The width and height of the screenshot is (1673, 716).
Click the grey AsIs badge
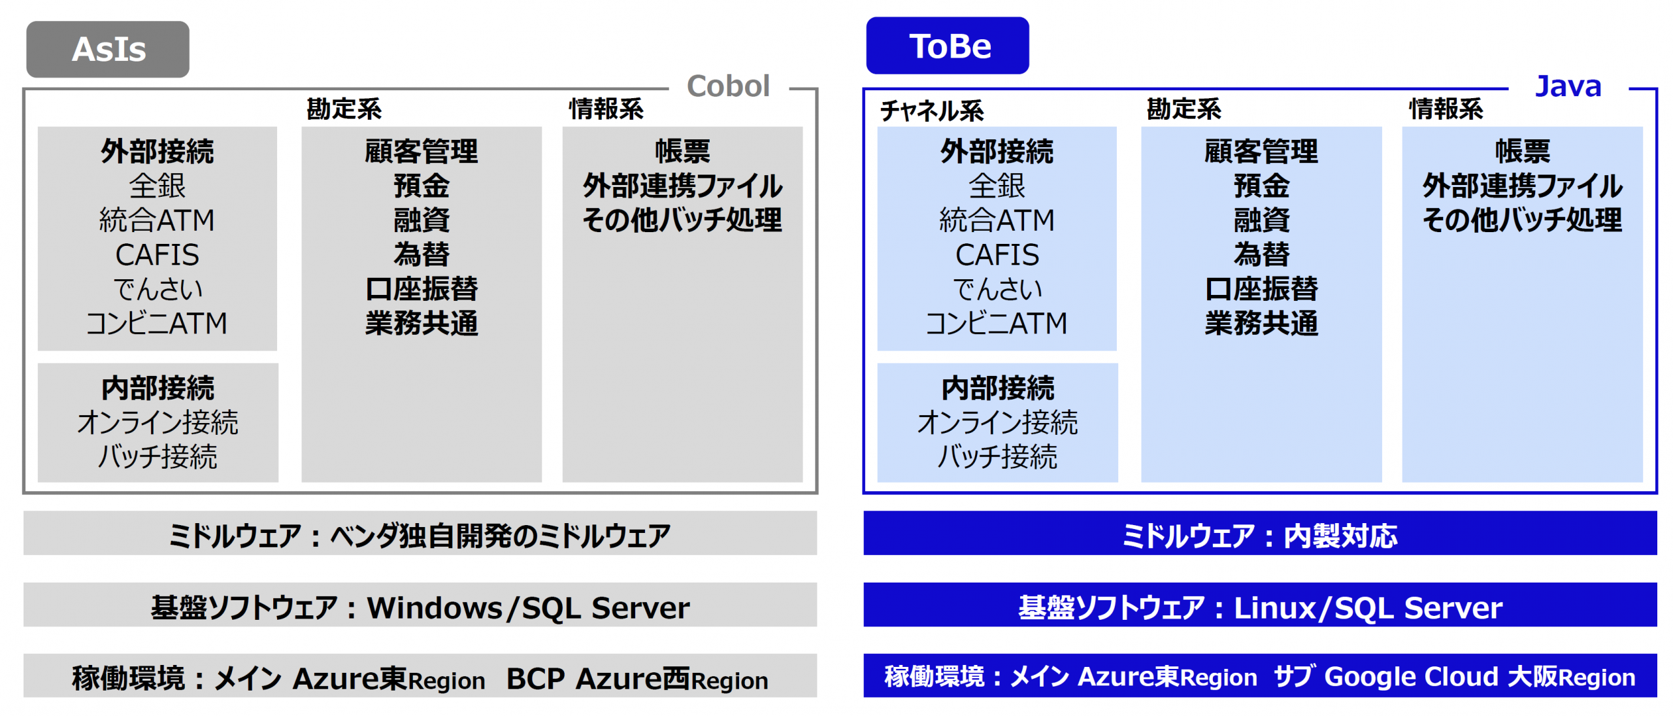pos(108,49)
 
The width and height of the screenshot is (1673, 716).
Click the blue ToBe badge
pos(947,46)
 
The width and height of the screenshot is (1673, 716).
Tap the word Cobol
pos(728,86)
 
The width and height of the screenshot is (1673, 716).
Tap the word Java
pos(1568,86)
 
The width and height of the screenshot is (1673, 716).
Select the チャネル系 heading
pos(931,110)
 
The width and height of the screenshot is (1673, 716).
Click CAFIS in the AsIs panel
pos(157,255)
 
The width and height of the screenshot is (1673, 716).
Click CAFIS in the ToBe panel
pos(997,255)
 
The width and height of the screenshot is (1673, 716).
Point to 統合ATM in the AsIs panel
pos(157,220)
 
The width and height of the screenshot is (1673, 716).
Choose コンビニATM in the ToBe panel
pos(997,323)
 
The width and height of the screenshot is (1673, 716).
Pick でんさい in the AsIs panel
pos(157,289)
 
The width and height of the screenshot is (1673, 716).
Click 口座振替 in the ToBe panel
pos(1261,289)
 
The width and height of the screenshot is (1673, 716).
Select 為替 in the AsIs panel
pos(422,254)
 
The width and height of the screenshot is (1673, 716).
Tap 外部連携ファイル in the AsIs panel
pos(682,186)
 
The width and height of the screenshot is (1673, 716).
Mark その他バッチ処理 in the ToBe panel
pos(1522,220)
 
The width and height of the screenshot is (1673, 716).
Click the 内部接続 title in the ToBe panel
pos(997,388)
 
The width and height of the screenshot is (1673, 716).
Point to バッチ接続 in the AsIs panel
pos(157,456)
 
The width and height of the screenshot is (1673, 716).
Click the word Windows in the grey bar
pos(434,608)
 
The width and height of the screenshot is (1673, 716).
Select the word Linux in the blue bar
pos(1274,608)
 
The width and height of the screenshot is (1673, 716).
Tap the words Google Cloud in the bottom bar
pos(1411,677)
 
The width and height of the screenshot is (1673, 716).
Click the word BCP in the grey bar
pos(535,679)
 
